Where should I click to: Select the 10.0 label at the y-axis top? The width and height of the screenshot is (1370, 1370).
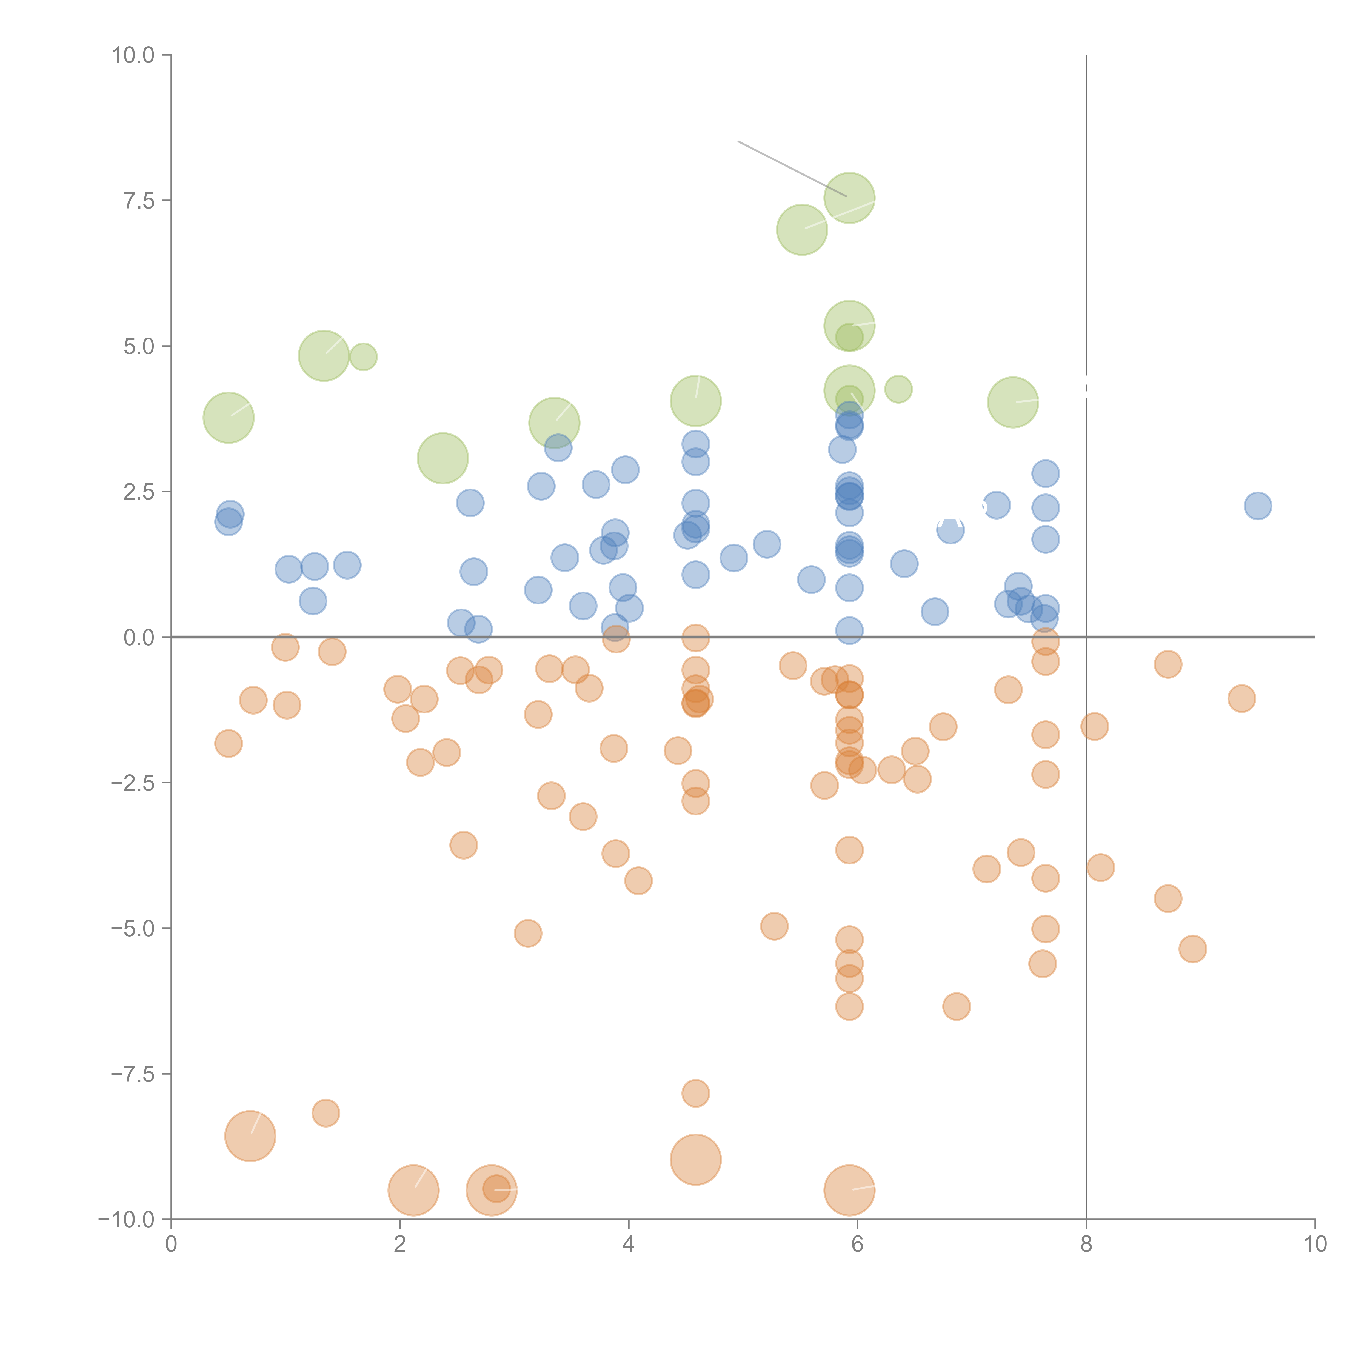point(133,55)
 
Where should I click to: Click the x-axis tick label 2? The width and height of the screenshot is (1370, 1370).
point(400,1245)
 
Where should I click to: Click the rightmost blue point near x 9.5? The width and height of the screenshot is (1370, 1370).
point(1257,506)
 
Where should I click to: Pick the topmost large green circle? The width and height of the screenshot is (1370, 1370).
point(849,198)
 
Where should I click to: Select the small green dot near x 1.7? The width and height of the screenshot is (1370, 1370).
point(363,357)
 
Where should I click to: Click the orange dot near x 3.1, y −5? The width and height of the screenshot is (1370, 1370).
point(527,933)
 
